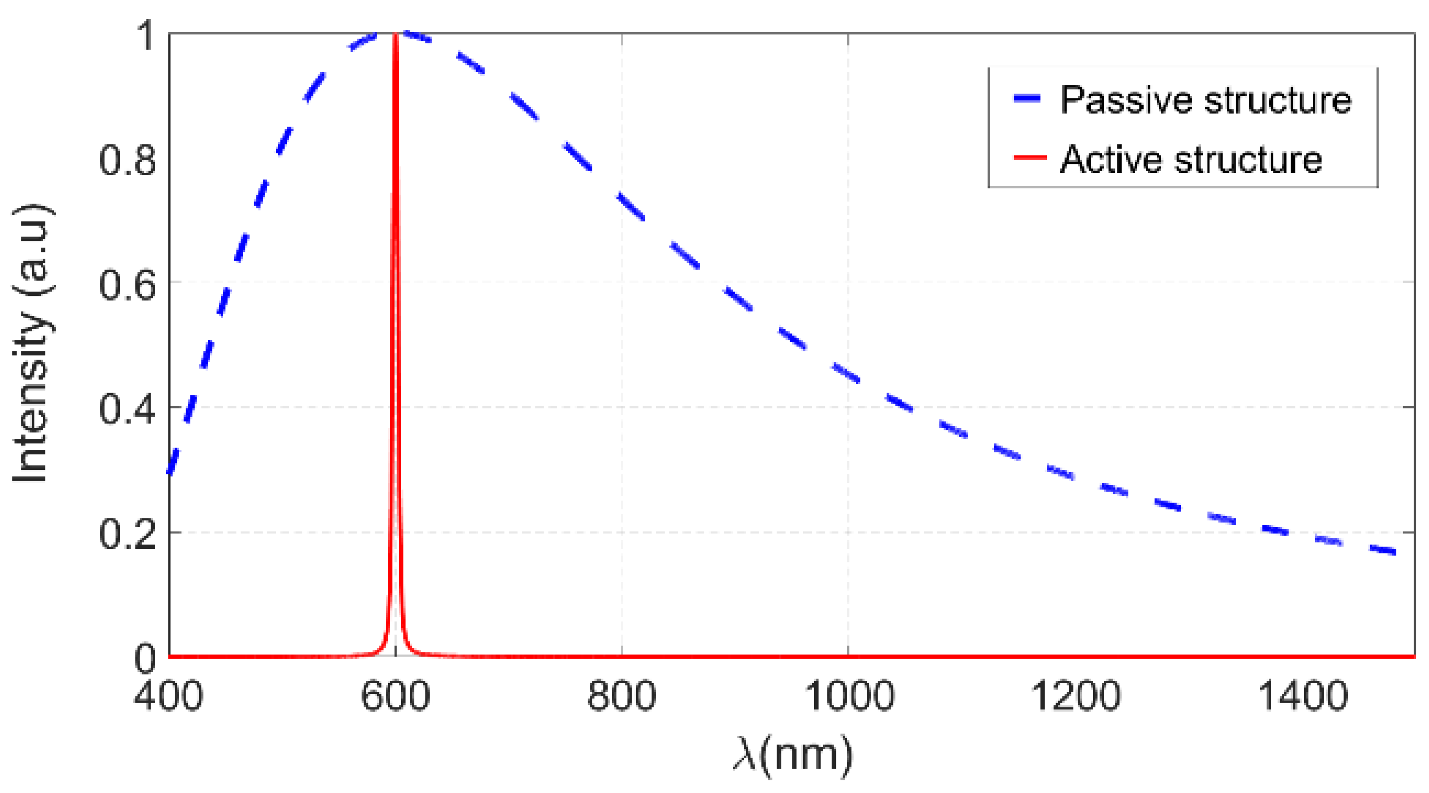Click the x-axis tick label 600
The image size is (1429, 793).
coord(395,695)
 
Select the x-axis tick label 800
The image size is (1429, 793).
coord(621,695)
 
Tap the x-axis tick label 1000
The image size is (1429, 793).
coord(849,695)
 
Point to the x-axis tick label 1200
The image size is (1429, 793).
coord(1075,695)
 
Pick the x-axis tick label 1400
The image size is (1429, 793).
coord(1302,695)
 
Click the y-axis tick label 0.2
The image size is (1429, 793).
coord(128,534)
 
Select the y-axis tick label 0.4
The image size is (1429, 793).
coord(128,409)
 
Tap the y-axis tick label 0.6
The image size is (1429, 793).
coord(128,284)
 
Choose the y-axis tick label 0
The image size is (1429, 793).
coord(145,659)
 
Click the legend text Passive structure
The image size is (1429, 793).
coord(1205,100)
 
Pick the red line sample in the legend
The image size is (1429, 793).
coord(1030,158)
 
